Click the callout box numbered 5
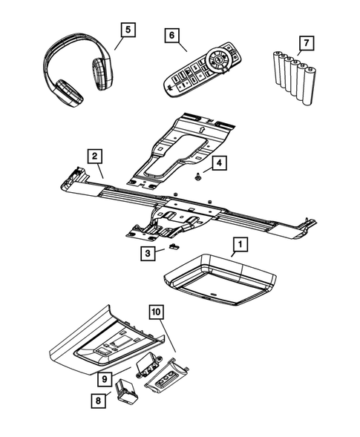tap(128, 30)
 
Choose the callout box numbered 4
tap(219, 162)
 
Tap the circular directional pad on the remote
tap(221, 58)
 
